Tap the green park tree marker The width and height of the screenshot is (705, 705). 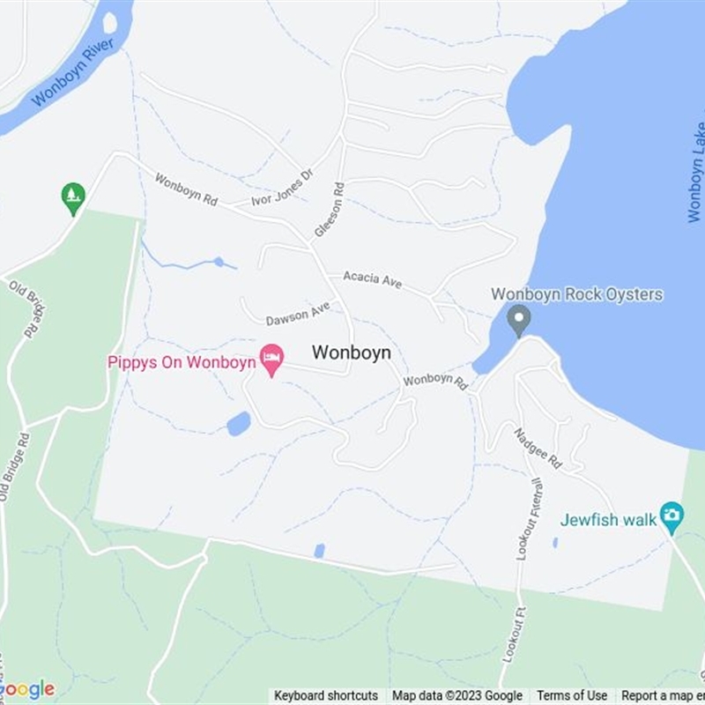73,197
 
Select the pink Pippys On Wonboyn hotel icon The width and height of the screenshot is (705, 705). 271,359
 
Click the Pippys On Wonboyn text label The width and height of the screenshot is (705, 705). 182,362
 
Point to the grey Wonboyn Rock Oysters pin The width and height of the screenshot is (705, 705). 520,318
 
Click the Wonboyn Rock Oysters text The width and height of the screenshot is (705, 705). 576,294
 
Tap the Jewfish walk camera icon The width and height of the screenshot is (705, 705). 672,516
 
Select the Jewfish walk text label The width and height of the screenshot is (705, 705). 609,520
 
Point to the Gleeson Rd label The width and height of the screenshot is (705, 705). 329,210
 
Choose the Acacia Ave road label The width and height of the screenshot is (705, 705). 373,278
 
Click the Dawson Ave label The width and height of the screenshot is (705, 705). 298,313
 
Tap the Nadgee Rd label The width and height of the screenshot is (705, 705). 538,447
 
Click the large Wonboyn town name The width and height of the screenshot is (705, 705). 351,352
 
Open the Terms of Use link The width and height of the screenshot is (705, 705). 572,696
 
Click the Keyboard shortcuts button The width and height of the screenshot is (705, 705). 325,696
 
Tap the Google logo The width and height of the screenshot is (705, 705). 28,689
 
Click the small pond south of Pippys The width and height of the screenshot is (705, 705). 238,424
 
